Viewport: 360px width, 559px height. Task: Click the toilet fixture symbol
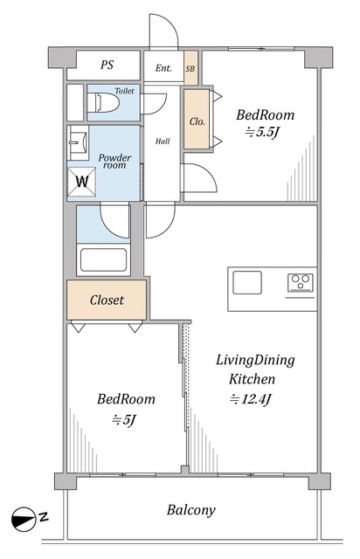click(103, 102)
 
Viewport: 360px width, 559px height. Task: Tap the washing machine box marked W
click(82, 182)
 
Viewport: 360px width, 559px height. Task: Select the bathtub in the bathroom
click(103, 260)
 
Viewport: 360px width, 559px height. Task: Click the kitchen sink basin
click(247, 282)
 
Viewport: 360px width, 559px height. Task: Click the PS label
click(107, 65)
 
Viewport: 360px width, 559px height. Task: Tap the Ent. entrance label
click(163, 68)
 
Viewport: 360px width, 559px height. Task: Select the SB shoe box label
click(190, 68)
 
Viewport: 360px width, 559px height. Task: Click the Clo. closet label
click(197, 121)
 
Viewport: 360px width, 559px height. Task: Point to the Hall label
click(163, 141)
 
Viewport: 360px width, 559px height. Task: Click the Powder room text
click(114, 161)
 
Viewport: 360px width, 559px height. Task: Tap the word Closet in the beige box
click(107, 300)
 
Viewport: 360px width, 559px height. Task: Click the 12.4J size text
click(251, 399)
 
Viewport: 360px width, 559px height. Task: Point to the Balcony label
click(191, 510)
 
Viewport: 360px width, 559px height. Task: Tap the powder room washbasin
click(78, 142)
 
